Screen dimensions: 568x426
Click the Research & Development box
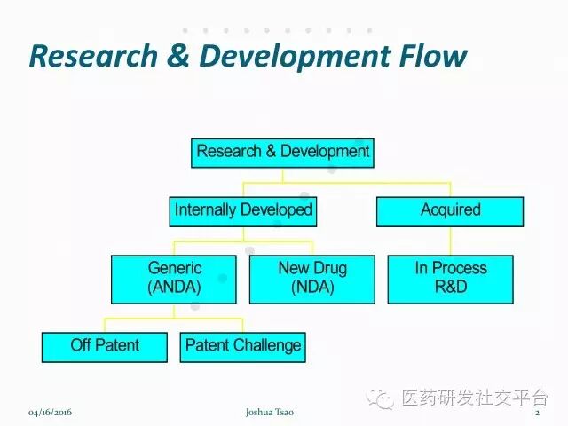point(282,152)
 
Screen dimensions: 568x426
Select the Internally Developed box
point(243,210)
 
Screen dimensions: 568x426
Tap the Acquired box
point(450,210)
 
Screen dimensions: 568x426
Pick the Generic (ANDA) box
point(174,277)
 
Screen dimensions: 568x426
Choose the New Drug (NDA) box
point(312,277)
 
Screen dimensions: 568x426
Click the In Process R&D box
point(451,277)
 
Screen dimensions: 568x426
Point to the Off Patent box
point(105,345)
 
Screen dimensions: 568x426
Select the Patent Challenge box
point(242,345)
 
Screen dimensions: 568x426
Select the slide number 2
point(538,414)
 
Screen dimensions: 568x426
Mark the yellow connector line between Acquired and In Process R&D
point(450,241)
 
